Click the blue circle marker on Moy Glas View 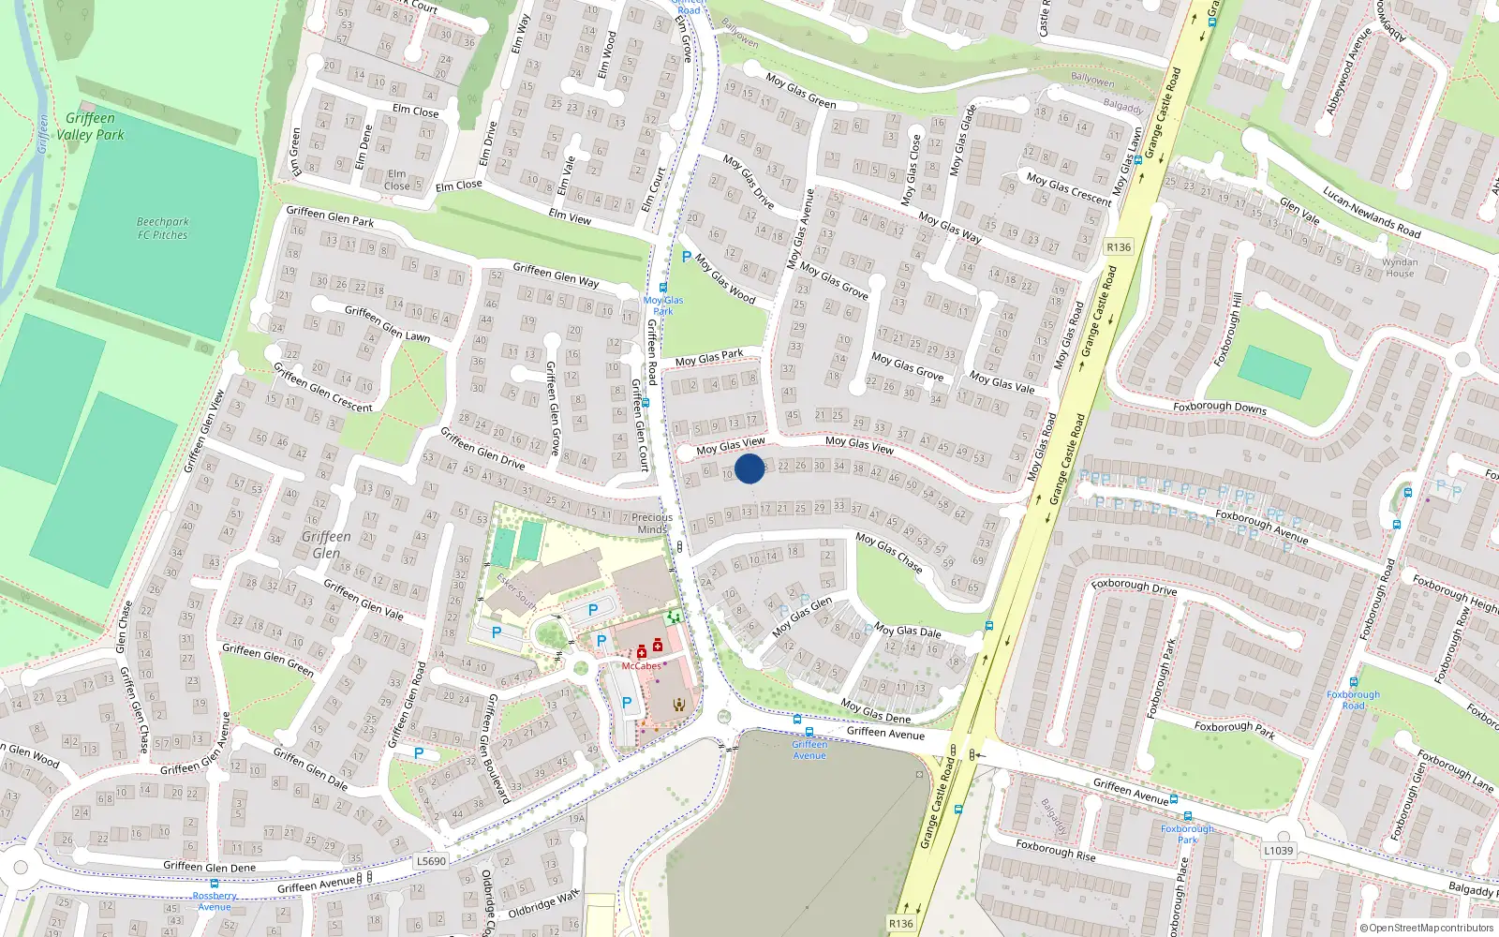[749, 468]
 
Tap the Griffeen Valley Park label [90, 126]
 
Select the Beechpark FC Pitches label [163, 229]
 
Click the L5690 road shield [431, 861]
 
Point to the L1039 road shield [1278, 851]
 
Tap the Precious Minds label [652, 523]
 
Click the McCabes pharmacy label [642, 666]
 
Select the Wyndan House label [1400, 268]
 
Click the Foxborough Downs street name [1220, 408]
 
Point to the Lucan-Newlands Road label [1372, 212]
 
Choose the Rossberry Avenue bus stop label [215, 901]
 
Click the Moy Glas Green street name [801, 91]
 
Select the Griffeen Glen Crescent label [322, 387]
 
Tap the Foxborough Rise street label [1056, 850]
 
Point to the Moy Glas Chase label [889, 553]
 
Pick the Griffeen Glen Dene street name [209, 867]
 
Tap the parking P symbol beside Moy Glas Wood [687, 257]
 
